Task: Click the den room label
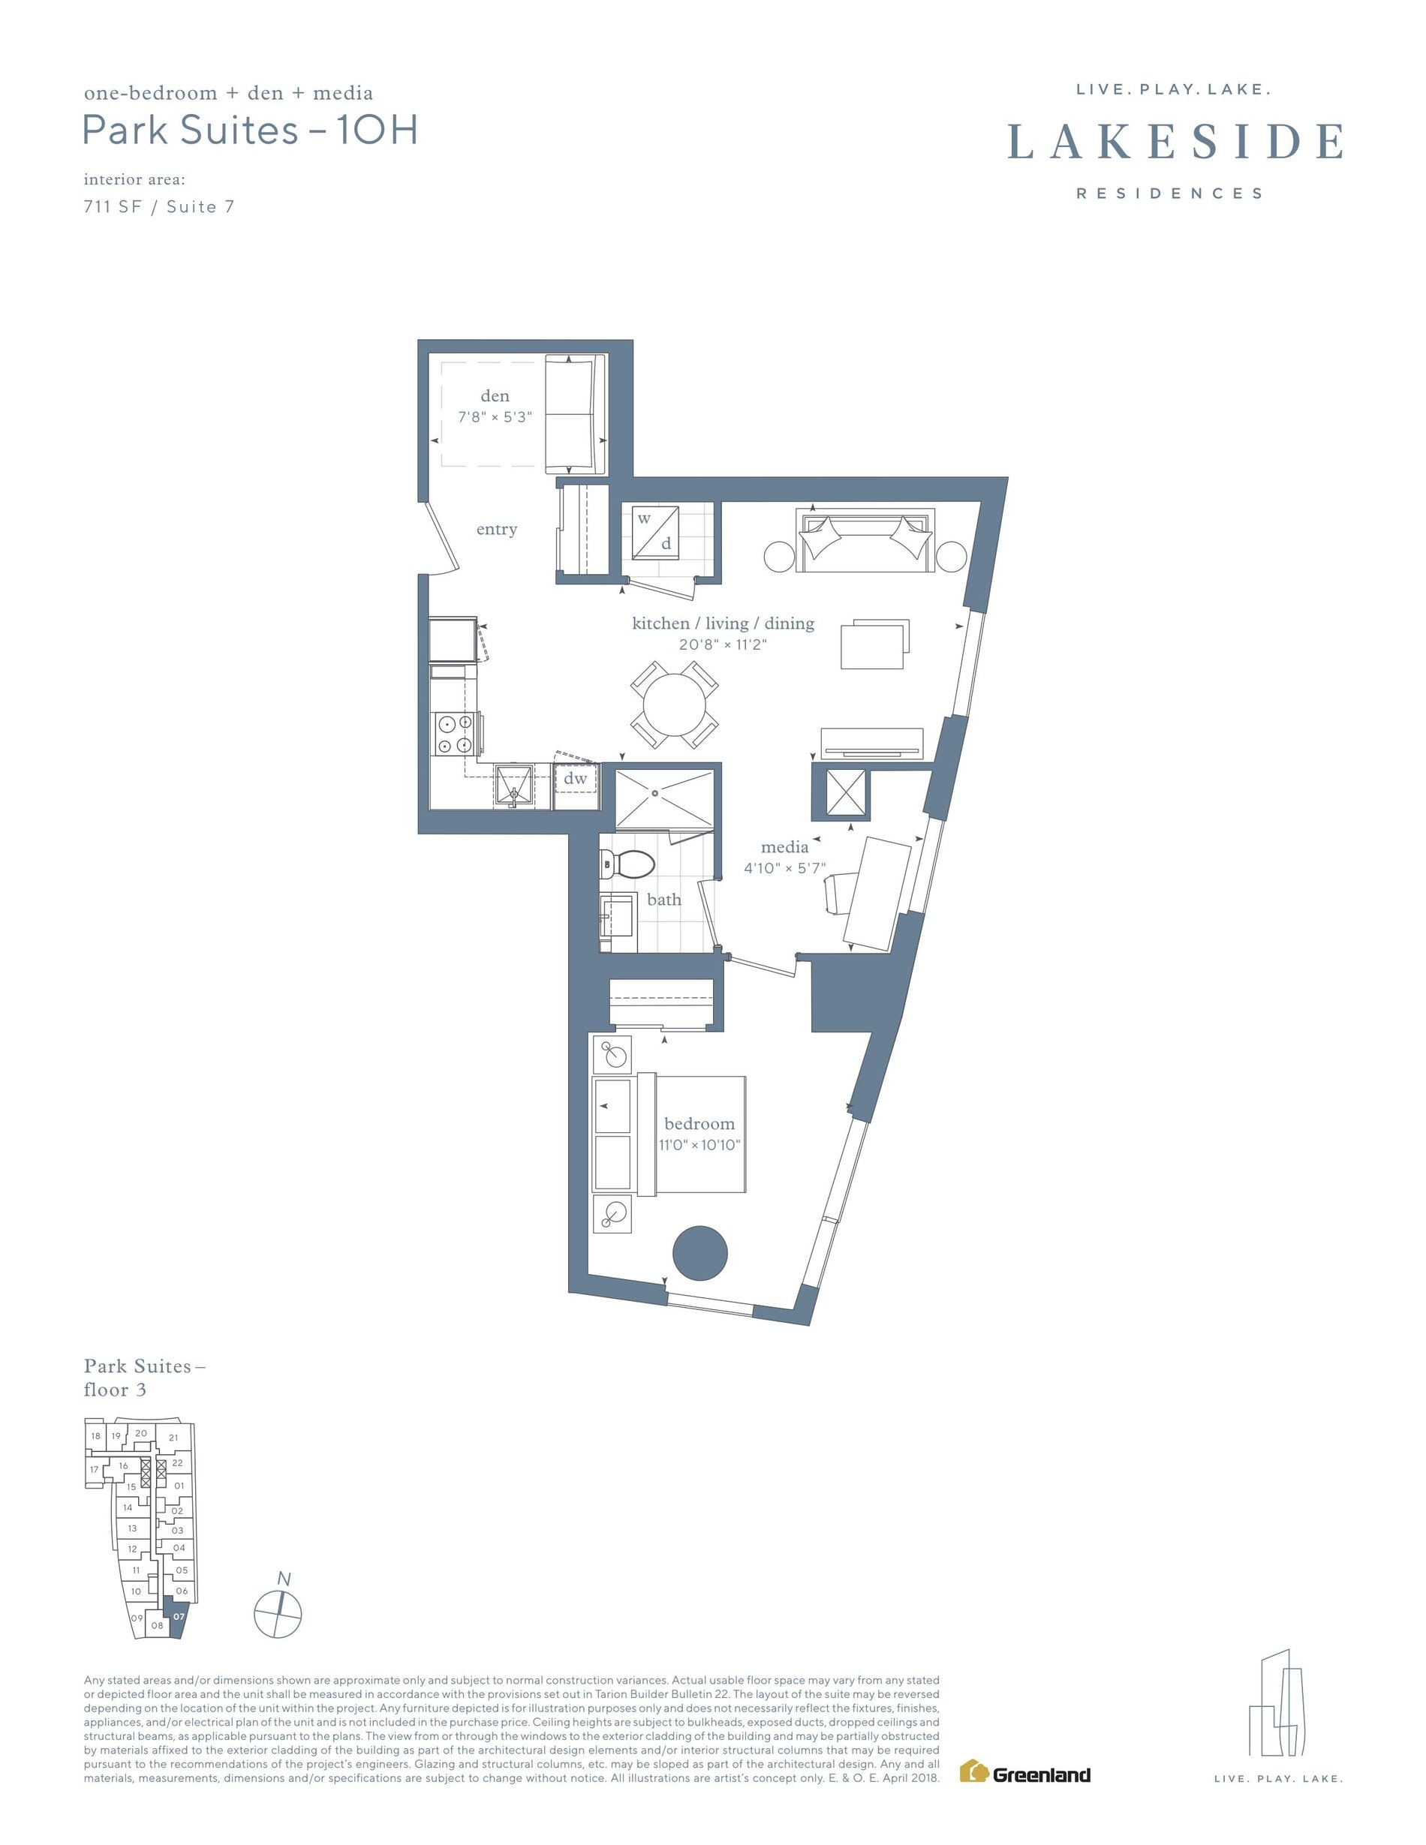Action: [495, 396]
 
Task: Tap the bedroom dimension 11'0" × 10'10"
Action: [700, 1145]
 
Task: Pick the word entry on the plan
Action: [497, 530]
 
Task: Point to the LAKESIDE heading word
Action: [1175, 141]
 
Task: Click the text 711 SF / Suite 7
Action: [159, 207]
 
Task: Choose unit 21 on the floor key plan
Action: [173, 1437]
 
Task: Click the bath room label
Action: [664, 900]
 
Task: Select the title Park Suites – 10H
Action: [250, 130]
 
